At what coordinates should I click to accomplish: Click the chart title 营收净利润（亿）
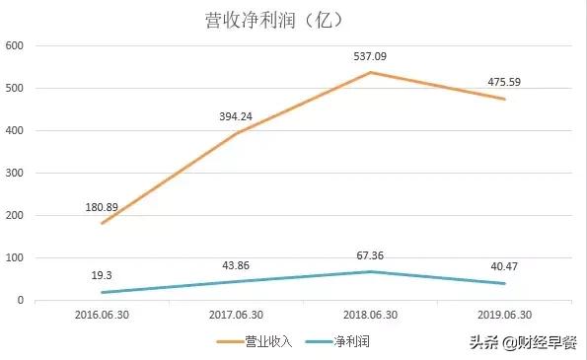[265, 19]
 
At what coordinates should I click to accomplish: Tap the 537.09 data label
[371, 56]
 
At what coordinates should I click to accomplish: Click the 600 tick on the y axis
[15, 46]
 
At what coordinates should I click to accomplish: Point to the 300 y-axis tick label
[15, 174]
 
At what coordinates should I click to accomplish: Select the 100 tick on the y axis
[15, 258]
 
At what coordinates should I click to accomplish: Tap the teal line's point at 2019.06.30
[504, 284]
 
